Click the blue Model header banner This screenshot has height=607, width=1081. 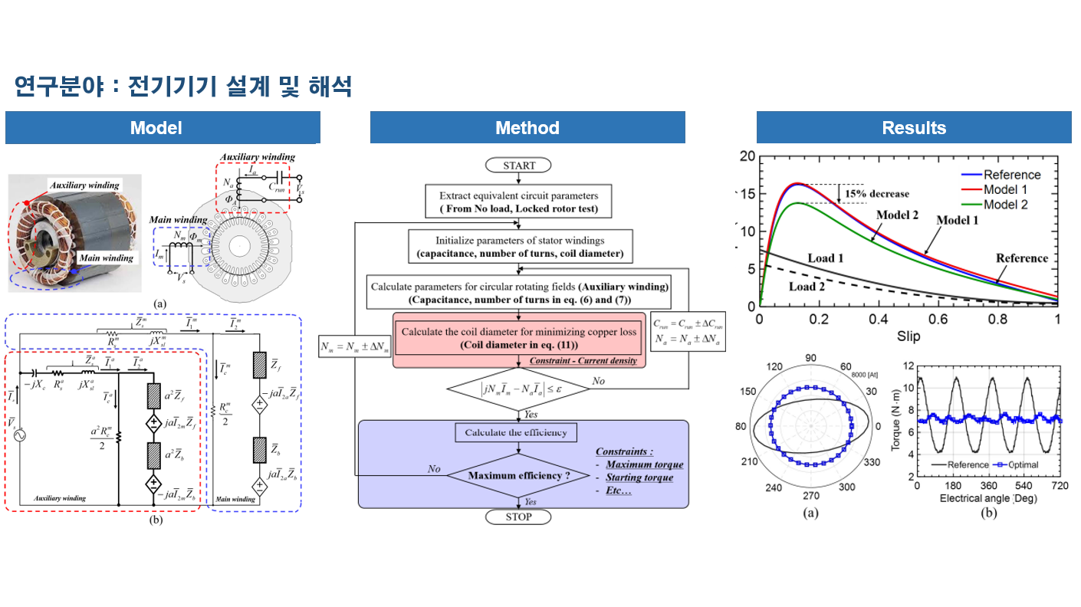163,128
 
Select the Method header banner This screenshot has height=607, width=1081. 527,128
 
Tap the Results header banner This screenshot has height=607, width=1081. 914,128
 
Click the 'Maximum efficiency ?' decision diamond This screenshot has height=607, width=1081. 518,476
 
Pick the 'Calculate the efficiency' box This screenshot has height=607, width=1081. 516,432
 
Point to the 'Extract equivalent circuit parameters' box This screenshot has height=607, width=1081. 518,202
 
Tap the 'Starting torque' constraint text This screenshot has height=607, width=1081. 639,477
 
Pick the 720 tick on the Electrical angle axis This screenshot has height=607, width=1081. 1059,487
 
